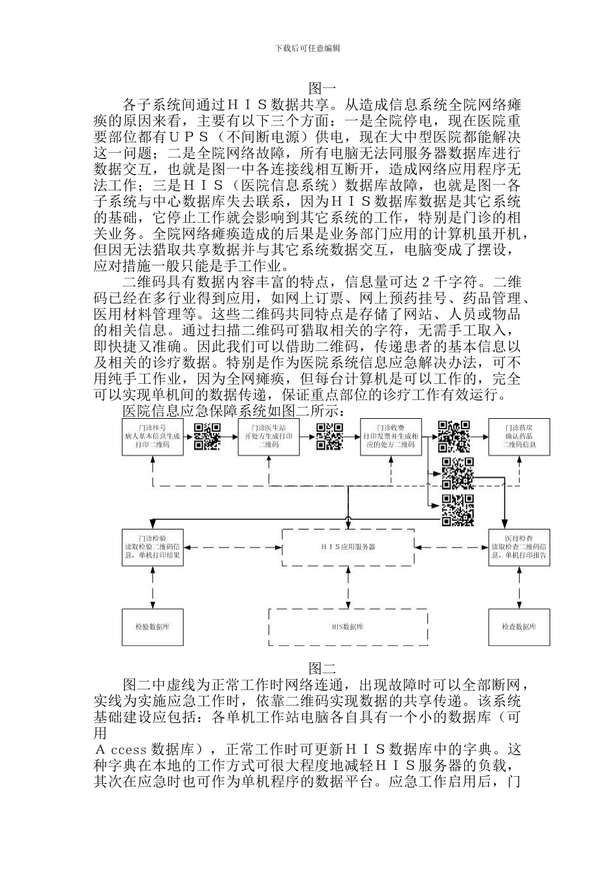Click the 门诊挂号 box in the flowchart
(x=153, y=437)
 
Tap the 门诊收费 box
(x=392, y=437)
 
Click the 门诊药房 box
(x=519, y=437)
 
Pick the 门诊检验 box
(x=153, y=547)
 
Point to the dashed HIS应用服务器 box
(x=348, y=547)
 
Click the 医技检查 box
(x=519, y=547)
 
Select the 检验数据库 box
(x=153, y=627)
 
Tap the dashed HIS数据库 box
(x=348, y=627)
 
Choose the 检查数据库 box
(x=519, y=627)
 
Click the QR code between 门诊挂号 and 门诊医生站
(x=208, y=436)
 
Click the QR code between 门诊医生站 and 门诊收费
(x=329, y=436)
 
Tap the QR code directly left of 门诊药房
(x=454, y=436)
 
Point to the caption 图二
(x=322, y=668)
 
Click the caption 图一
(x=322, y=88)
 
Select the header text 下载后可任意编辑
(x=308, y=48)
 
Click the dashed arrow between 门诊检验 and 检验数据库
(x=153, y=587)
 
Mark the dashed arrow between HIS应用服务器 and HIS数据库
(x=348, y=587)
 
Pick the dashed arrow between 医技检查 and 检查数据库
(x=519, y=587)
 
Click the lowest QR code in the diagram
(x=458, y=509)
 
